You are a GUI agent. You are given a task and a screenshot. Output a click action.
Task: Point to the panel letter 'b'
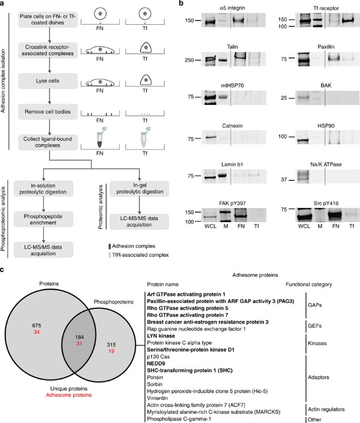tap(182, 4)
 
